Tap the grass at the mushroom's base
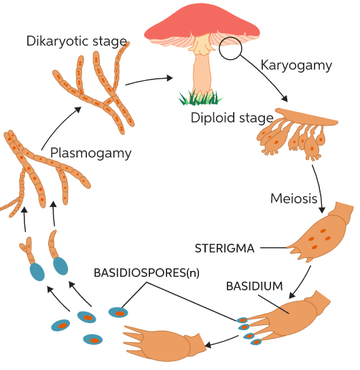pyautogui.click(x=200, y=98)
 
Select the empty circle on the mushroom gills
pyautogui.click(x=230, y=48)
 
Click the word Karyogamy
pyautogui.click(x=296, y=65)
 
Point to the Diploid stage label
pyautogui.click(x=232, y=117)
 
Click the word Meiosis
pyautogui.click(x=293, y=198)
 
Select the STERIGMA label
pyautogui.click(x=225, y=248)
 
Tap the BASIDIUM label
pyautogui.click(x=254, y=286)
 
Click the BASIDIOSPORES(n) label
pyautogui.click(x=146, y=273)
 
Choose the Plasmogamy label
pyautogui.click(x=90, y=153)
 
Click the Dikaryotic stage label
pyautogui.click(x=77, y=41)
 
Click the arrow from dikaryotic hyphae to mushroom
pyautogui.click(x=149, y=79)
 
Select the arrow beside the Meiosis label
pyautogui.click(x=319, y=189)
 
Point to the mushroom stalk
pyautogui.click(x=201, y=71)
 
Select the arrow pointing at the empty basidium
pyautogui.click(x=222, y=341)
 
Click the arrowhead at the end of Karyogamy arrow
pyautogui.click(x=284, y=98)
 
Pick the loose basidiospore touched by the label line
pyautogui.click(x=118, y=312)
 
